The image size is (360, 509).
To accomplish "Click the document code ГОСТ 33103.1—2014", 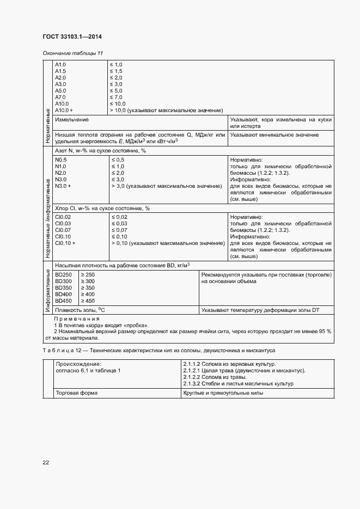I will (72, 36).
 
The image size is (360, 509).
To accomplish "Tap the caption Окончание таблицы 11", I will (72, 53).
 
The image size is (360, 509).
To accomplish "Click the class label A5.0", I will (60, 90).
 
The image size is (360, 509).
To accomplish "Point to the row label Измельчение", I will (72, 119).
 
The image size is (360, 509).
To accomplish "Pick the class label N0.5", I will (61, 160).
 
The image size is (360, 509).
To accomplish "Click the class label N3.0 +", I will (63, 186).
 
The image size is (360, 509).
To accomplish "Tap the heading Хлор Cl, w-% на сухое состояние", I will (102, 208).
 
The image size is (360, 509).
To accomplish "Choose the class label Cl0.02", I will (63, 217).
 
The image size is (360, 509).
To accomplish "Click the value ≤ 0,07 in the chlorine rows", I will (119, 230).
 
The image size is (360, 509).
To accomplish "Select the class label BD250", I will (63, 274).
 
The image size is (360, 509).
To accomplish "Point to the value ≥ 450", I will (87, 301).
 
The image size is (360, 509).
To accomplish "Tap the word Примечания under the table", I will (77, 318).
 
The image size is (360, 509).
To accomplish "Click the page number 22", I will (46, 462).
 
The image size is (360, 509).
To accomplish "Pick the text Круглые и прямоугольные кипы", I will (223, 393).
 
